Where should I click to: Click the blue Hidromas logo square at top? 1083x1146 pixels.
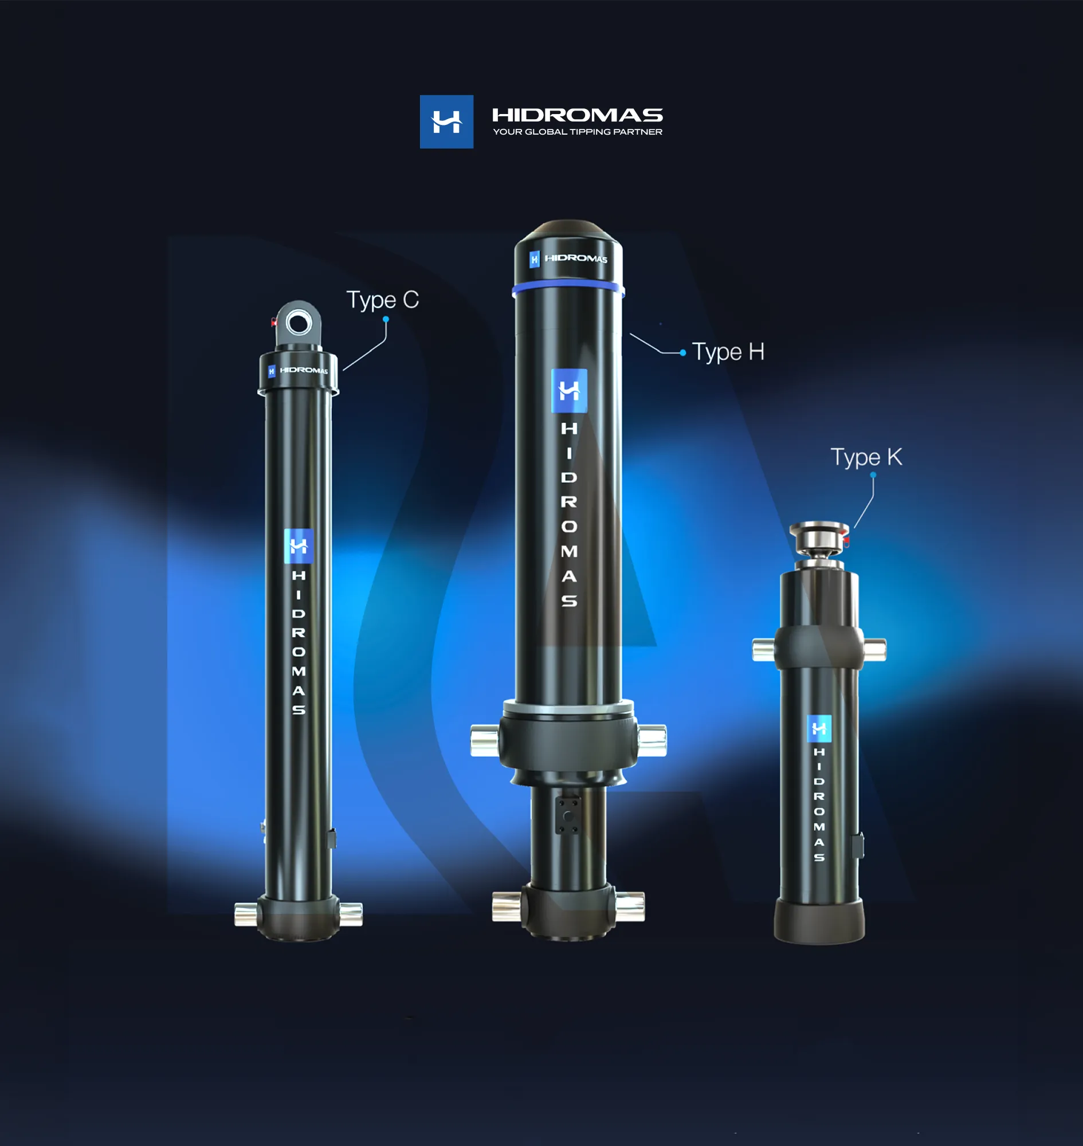446,122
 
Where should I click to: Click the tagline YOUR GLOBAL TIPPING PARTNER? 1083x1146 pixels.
577,132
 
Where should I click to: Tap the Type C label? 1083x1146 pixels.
382,300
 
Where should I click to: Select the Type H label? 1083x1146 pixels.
728,352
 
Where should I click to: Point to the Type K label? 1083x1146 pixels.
866,457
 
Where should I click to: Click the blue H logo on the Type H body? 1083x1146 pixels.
569,391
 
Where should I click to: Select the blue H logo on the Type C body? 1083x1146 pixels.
299,545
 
